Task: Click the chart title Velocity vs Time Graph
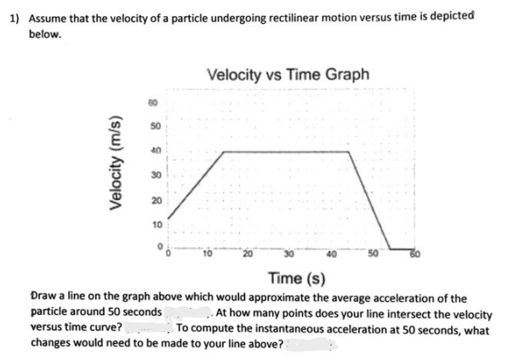click(x=288, y=74)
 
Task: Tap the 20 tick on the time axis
click(x=246, y=254)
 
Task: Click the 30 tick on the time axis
click(x=288, y=254)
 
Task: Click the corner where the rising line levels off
click(x=224, y=152)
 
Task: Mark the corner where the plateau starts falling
click(x=350, y=152)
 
